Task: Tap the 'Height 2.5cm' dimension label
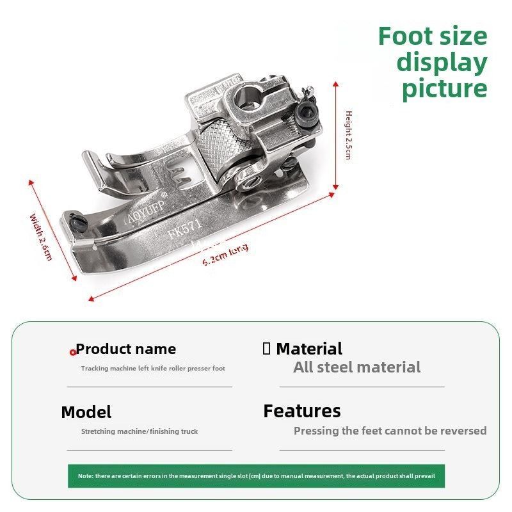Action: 349,135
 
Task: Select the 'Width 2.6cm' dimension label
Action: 41,236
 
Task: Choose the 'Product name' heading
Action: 126,349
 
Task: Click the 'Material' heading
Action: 309,349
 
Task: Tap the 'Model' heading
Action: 86,412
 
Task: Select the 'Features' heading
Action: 302,411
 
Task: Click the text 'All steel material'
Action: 356,367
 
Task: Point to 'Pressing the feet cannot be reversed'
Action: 390,431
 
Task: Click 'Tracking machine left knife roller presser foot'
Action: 153,369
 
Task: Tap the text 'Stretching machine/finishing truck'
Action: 140,431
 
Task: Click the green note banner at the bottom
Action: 256,476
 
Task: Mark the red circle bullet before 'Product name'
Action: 73,352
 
